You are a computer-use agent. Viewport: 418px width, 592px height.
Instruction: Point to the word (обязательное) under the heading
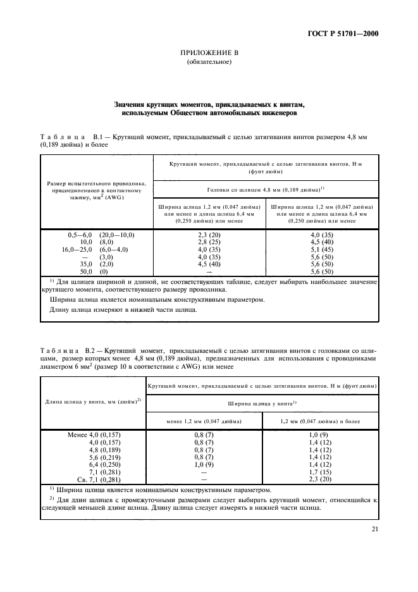click(209, 63)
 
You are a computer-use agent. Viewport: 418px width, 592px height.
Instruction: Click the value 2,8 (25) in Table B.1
click(209, 242)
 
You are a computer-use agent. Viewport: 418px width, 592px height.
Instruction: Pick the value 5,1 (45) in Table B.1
click(322, 249)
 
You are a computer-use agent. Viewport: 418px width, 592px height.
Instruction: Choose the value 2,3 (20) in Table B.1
click(209, 234)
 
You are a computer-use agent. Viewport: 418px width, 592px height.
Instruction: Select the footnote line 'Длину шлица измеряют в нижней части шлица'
click(123, 309)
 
